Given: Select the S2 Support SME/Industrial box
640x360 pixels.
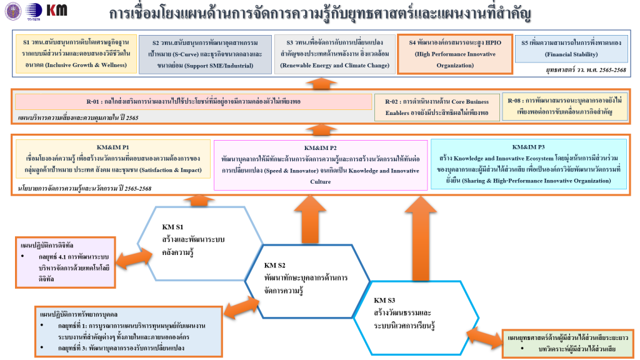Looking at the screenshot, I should tap(205, 54).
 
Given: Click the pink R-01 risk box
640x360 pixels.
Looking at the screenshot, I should tap(193, 102).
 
